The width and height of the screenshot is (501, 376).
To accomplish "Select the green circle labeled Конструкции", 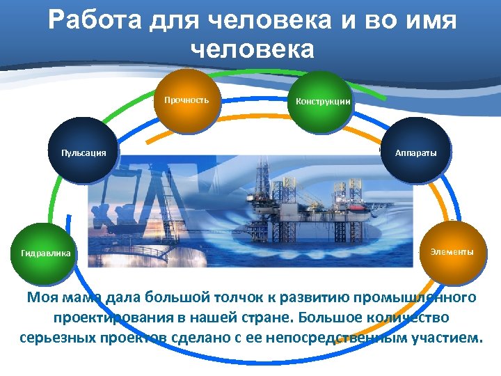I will (x=322, y=102).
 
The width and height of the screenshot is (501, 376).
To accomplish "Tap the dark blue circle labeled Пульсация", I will (x=83, y=152).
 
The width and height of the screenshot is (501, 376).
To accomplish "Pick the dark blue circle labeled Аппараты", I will (x=416, y=152).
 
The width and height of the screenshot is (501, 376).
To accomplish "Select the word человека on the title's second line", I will (x=251, y=49).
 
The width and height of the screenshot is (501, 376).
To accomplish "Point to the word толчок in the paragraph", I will (x=239, y=298).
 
